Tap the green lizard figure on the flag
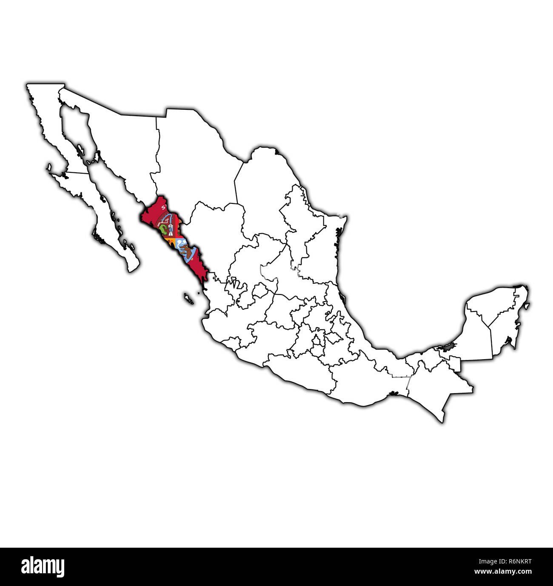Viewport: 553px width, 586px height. point(162,231)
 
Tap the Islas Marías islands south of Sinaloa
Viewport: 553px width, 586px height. point(188,298)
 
